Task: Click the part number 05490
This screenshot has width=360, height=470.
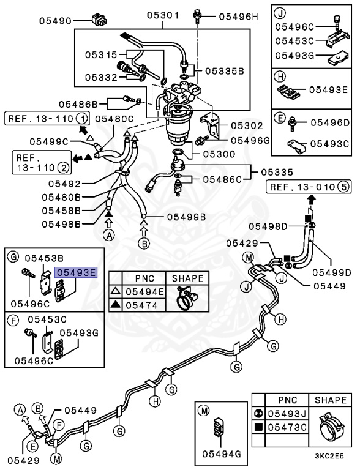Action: (x=56, y=20)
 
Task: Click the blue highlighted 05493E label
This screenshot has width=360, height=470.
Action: (x=76, y=272)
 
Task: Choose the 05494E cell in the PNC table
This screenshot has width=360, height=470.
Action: (x=144, y=292)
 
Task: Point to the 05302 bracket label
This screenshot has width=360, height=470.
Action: (x=246, y=125)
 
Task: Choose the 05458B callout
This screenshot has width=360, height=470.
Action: (x=61, y=210)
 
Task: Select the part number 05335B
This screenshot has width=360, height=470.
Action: (x=224, y=71)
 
